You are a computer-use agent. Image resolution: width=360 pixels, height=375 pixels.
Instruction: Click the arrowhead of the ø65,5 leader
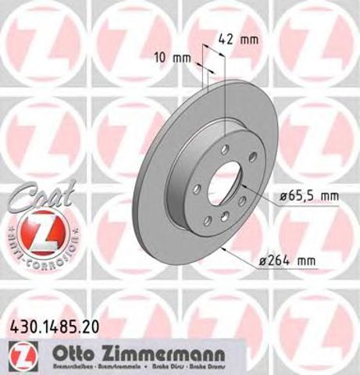click(x=243, y=187)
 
